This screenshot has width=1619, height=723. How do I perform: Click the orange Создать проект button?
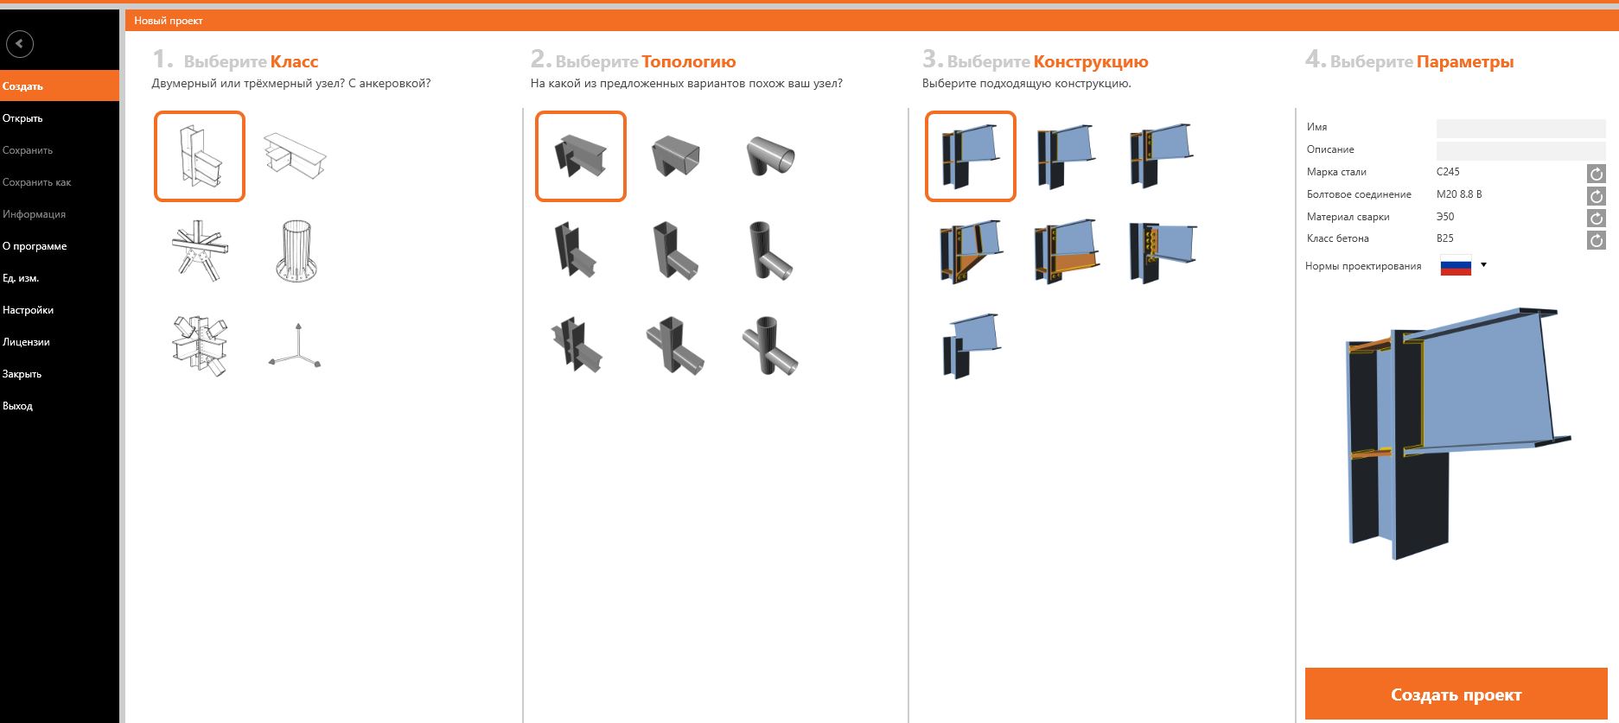pos(1456,694)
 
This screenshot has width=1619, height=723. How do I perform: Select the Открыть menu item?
pos(22,118)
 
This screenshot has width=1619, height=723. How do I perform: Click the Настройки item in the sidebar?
pos(28,310)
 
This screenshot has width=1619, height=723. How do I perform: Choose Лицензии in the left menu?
pos(26,342)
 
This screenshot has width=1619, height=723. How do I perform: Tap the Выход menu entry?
pos(17,406)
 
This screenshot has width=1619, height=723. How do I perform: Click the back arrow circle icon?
pos(20,43)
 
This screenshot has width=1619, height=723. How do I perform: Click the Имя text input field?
pos(1520,128)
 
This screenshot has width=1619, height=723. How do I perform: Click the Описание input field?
pos(1520,150)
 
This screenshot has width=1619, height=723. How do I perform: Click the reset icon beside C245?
pos(1597,174)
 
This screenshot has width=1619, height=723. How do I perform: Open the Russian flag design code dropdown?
pos(1463,265)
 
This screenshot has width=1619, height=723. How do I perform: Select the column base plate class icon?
pos(296,251)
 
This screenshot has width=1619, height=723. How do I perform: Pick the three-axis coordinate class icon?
pos(296,346)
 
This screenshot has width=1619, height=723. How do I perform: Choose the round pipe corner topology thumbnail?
pos(770,155)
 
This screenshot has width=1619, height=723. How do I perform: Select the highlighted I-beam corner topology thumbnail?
pos(581,156)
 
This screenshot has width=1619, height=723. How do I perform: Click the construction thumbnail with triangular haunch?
pos(971,251)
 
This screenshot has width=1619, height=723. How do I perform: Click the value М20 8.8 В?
pos(1459,194)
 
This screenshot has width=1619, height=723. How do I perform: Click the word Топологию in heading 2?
pos(689,61)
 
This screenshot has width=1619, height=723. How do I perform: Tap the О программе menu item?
pos(35,246)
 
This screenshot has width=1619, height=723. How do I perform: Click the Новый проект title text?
pos(169,21)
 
